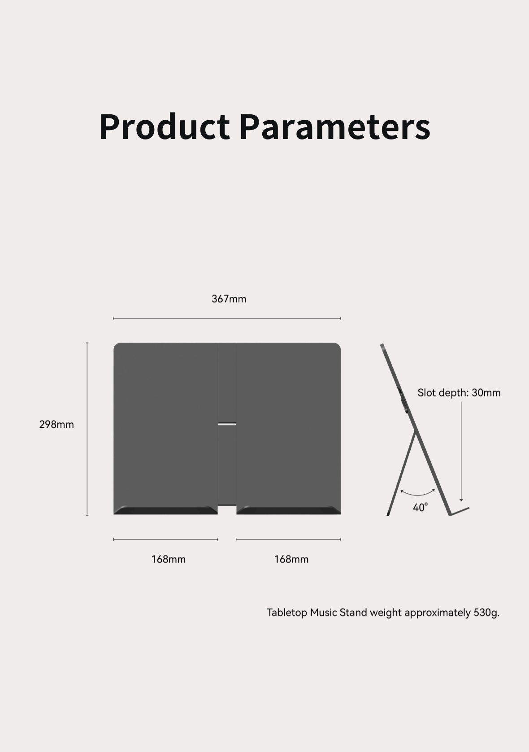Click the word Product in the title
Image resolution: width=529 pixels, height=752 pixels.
[165, 126]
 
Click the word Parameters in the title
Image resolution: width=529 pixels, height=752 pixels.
[335, 126]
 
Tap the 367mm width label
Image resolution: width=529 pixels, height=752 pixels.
[229, 299]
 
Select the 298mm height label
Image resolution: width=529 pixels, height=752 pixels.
[56, 424]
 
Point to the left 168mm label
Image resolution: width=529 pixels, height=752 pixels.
[168, 559]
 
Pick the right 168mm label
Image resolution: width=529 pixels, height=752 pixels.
[291, 559]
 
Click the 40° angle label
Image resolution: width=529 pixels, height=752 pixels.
[420, 507]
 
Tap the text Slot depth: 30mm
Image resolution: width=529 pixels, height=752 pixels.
[459, 392]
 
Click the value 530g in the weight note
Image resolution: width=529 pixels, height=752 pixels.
[486, 613]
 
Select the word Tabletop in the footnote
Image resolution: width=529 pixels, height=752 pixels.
[286, 613]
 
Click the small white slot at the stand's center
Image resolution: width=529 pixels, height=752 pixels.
[227, 424]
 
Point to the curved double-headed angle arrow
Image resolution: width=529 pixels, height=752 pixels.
[418, 495]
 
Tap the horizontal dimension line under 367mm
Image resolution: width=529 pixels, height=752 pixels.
[227, 318]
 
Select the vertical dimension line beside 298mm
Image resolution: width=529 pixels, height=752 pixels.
[87, 429]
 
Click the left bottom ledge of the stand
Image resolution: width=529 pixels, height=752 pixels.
[165, 510]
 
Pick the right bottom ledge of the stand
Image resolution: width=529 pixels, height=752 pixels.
[288, 510]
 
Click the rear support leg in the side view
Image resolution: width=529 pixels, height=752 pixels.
[401, 474]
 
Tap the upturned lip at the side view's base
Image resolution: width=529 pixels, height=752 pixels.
[459, 511]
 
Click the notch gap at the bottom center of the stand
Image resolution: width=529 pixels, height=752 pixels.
[227, 510]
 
